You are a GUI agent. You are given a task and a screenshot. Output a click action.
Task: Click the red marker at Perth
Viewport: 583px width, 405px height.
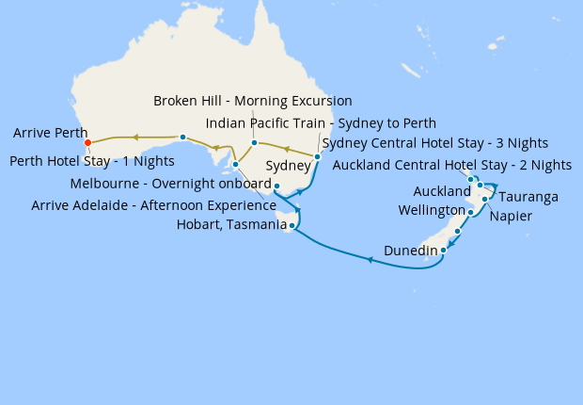(87, 143)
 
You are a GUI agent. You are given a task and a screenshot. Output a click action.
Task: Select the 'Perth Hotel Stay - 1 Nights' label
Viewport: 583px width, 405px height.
(92, 161)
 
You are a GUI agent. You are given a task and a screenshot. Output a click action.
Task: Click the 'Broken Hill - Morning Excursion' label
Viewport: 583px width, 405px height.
(253, 101)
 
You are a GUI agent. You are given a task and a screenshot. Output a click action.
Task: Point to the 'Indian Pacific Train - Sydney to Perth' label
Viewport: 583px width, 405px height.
(321, 123)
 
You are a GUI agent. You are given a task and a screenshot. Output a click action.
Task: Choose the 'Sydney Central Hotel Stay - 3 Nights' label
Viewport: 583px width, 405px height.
(434, 143)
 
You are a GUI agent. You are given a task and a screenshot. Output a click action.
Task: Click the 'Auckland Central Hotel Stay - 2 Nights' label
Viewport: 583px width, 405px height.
(452, 165)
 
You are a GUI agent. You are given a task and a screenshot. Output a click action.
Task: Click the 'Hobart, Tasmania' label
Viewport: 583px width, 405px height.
(231, 224)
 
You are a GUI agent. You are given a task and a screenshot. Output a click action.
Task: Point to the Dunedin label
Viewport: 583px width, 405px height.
(411, 251)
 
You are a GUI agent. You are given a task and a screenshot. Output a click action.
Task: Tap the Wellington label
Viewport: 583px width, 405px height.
(431, 209)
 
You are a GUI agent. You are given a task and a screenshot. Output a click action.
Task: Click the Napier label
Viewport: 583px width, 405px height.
(511, 216)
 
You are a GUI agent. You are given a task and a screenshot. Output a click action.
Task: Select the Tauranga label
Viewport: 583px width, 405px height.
(528, 197)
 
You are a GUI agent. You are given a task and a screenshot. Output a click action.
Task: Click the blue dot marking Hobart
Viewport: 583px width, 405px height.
(293, 226)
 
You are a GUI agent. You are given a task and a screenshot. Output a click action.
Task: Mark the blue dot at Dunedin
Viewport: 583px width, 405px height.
(444, 249)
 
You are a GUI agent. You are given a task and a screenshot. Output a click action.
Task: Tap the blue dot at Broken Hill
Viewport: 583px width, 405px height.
(254, 143)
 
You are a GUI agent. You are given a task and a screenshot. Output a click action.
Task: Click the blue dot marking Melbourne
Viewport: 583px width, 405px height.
(277, 186)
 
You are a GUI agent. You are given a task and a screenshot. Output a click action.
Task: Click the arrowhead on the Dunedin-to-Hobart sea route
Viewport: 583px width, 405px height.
(370, 260)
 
